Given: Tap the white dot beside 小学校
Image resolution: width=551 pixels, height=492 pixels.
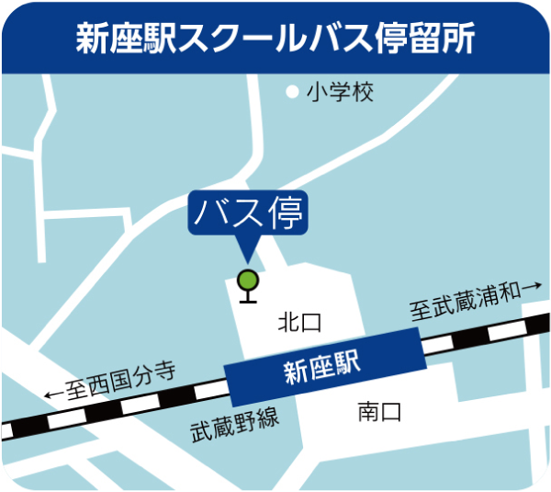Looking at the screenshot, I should point(292,92).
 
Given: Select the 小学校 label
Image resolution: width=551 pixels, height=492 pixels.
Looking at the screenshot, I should point(341,92).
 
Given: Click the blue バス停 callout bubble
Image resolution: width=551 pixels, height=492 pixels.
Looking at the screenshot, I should point(248,212).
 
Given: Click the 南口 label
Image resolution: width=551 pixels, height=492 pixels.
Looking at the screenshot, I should point(379,411).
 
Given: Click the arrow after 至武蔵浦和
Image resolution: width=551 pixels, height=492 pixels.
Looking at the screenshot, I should point(532,288).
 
